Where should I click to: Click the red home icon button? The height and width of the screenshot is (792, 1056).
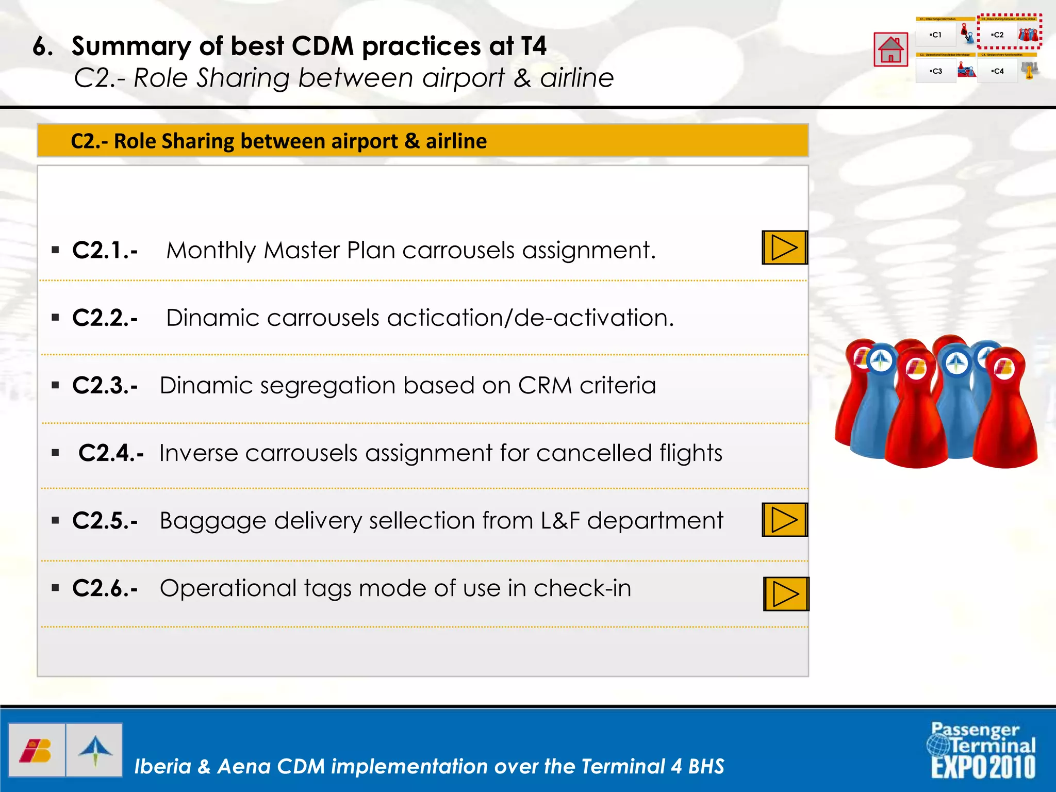tap(890, 49)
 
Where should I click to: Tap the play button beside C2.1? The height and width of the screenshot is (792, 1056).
tap(784, 248)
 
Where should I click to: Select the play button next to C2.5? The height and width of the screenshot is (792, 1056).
tap(784, 520)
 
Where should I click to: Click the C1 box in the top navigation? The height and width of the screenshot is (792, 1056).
tap(936, 35)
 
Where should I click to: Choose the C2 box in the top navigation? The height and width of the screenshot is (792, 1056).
tap(998, 35)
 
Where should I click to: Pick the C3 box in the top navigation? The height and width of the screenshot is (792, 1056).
tap(936, 71)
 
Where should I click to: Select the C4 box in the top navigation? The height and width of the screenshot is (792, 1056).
tap(998, 71)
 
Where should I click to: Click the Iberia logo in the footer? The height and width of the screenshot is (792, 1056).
tap(37, 750)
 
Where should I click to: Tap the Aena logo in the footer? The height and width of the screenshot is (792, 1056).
tap(95, 750)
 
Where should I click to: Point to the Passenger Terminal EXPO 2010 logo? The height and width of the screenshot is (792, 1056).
tap(983, 750)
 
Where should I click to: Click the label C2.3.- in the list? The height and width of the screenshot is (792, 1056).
tap(105, 385)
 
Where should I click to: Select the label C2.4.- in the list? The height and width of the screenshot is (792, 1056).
tap(111, 453)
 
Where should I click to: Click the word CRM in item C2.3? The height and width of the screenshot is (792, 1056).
tap(545, 385)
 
